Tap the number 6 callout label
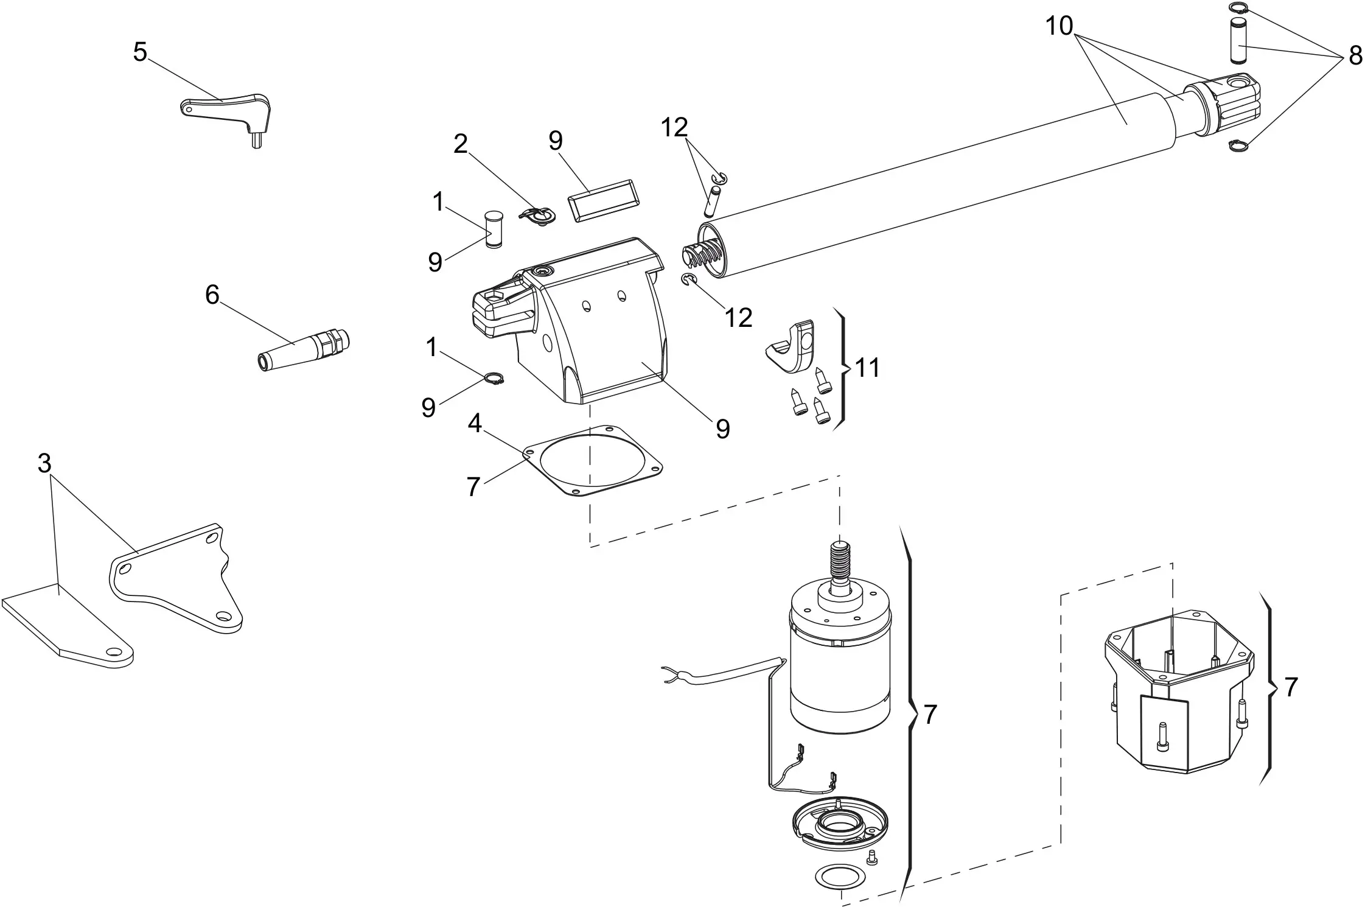click(212, 295)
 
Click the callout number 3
click(44, 464)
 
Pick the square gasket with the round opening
click(593, 461)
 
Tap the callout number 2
click(461, 144)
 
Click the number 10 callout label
click(1060, 26)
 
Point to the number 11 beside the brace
click(867, 368)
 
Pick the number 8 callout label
click(1355, 56)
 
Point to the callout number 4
click(475, 423)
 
